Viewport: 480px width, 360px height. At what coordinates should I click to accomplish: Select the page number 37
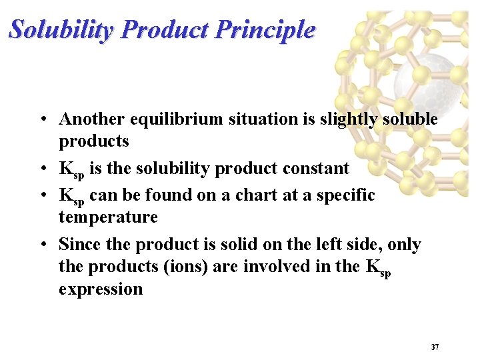pos(435,347)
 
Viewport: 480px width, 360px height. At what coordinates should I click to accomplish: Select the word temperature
pos(108,217)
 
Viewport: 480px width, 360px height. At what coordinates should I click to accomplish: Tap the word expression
pos(101,289)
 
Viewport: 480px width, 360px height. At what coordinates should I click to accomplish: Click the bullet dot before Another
pos(42,120)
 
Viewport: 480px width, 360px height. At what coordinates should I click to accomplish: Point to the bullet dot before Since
pos(42,245)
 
